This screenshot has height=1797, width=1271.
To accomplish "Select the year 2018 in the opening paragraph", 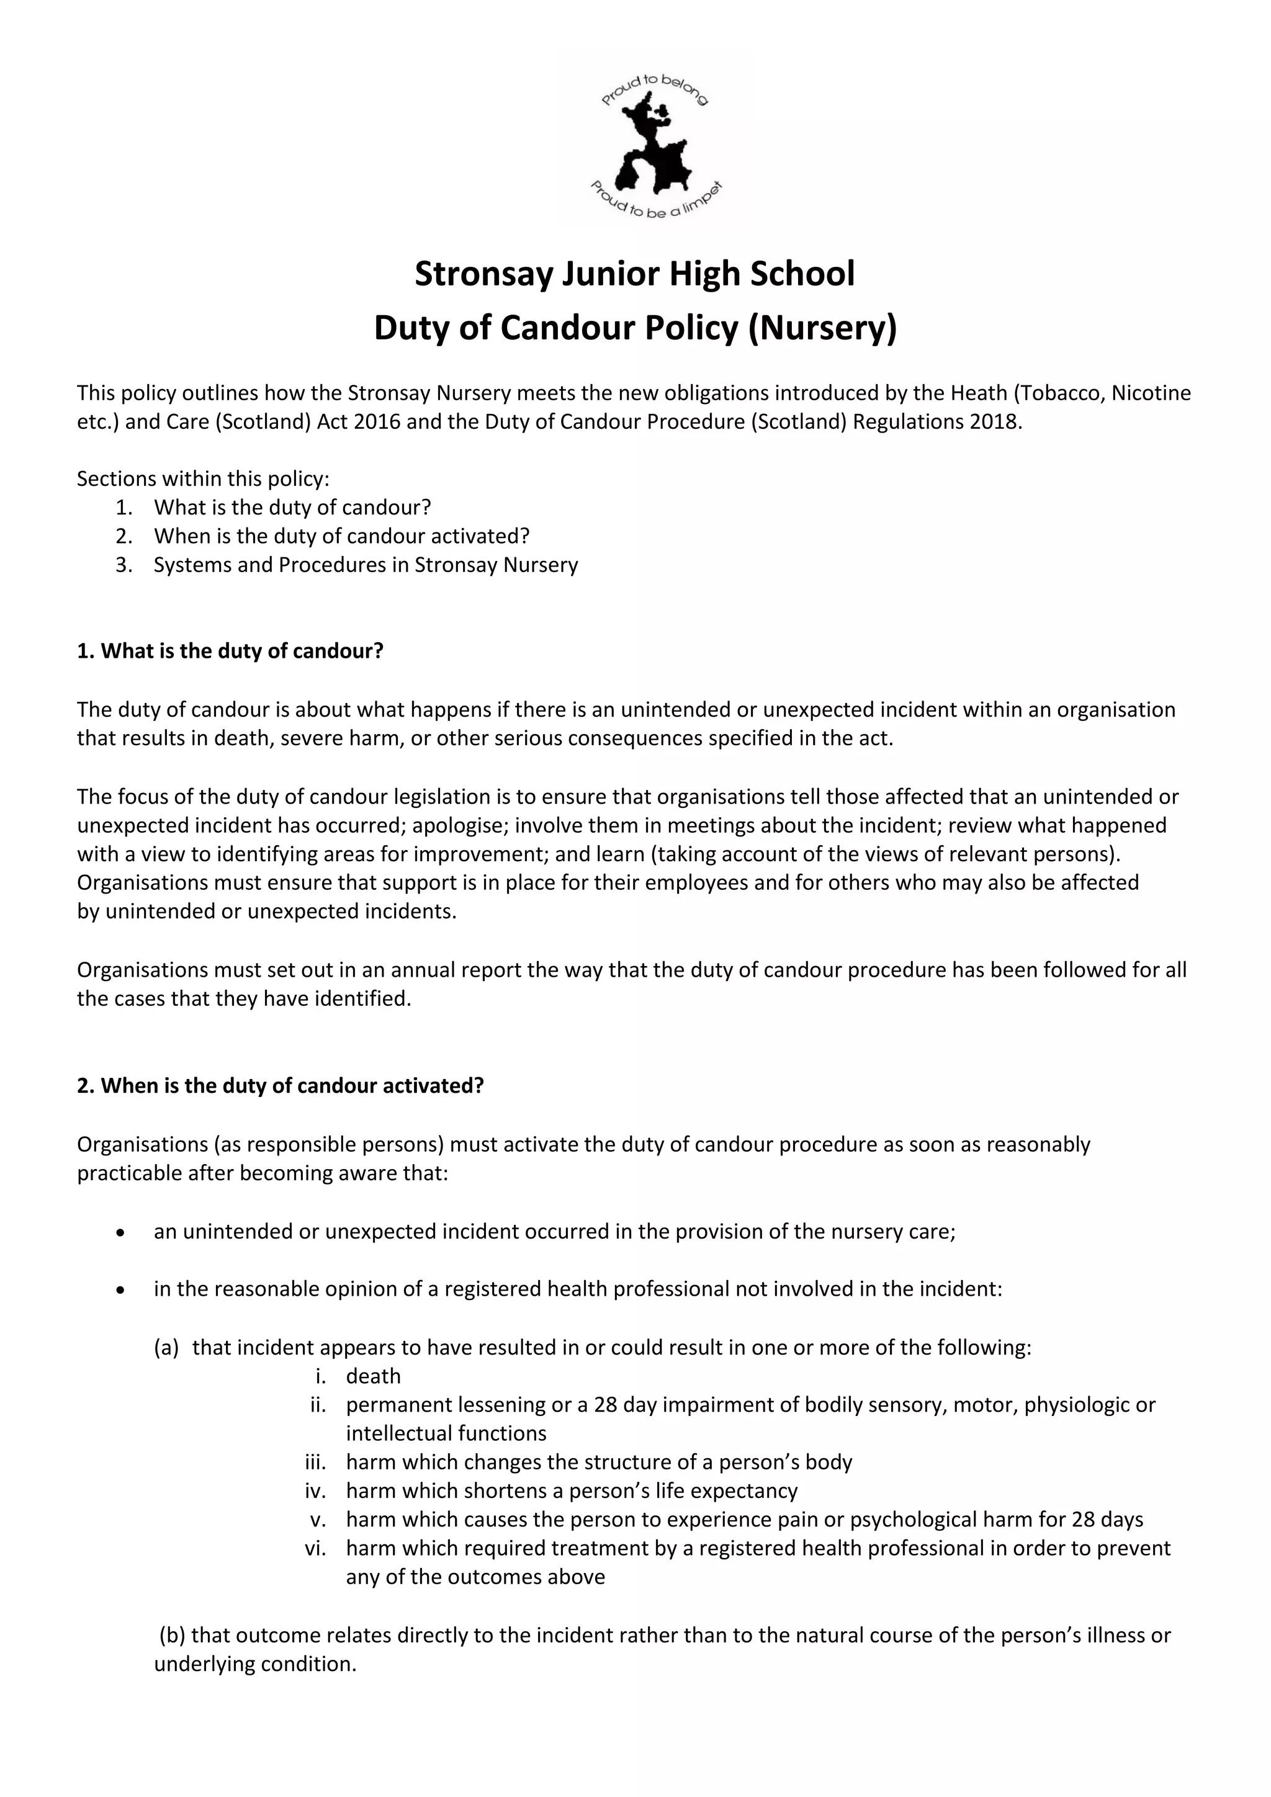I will (x=995, y=422).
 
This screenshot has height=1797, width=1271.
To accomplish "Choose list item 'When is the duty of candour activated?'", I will (x=341, y=536).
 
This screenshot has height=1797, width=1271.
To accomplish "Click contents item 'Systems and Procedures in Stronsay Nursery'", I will (x=366, y=565).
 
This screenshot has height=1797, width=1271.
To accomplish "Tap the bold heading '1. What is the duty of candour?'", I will (x=230, y=651).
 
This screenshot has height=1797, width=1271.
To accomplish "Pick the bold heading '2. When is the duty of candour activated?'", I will (x=280, y=1085).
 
